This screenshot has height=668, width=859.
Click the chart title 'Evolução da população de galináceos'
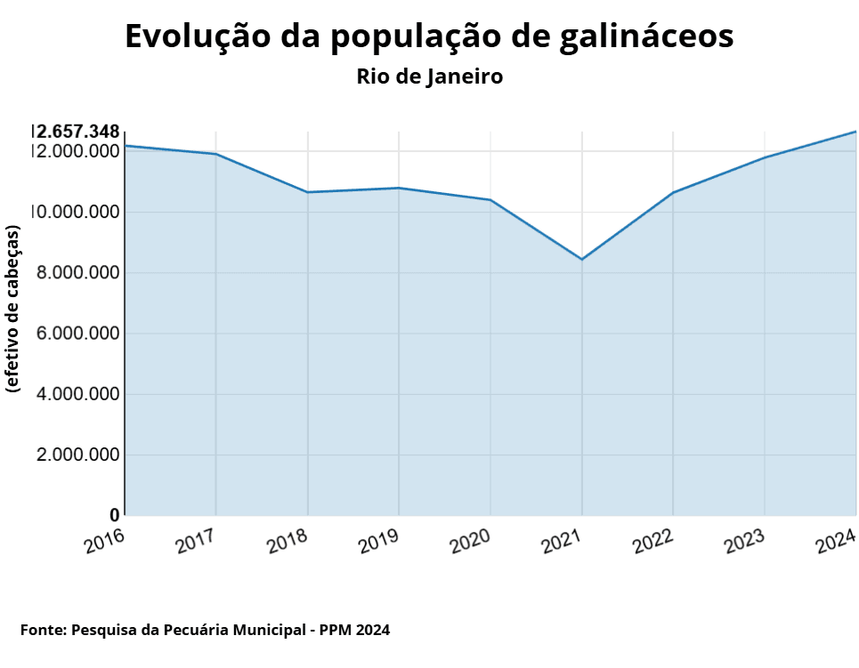[429, 36]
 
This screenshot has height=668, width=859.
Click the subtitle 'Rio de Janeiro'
[429, 76]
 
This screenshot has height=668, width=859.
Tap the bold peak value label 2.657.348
[77, 133]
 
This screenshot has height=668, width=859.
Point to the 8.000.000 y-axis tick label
[77, 273]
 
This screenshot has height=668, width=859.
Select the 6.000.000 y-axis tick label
[77, 334]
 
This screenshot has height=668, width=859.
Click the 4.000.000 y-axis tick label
[77, 394]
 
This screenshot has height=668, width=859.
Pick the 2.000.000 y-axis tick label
[77, 455]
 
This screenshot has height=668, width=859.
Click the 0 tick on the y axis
[114, 515]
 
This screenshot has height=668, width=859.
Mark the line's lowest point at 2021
[581, 259]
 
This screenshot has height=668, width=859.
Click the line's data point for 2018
[307, 192]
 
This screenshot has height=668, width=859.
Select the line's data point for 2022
[673, 192]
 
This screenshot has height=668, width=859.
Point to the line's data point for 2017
[216, 154]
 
